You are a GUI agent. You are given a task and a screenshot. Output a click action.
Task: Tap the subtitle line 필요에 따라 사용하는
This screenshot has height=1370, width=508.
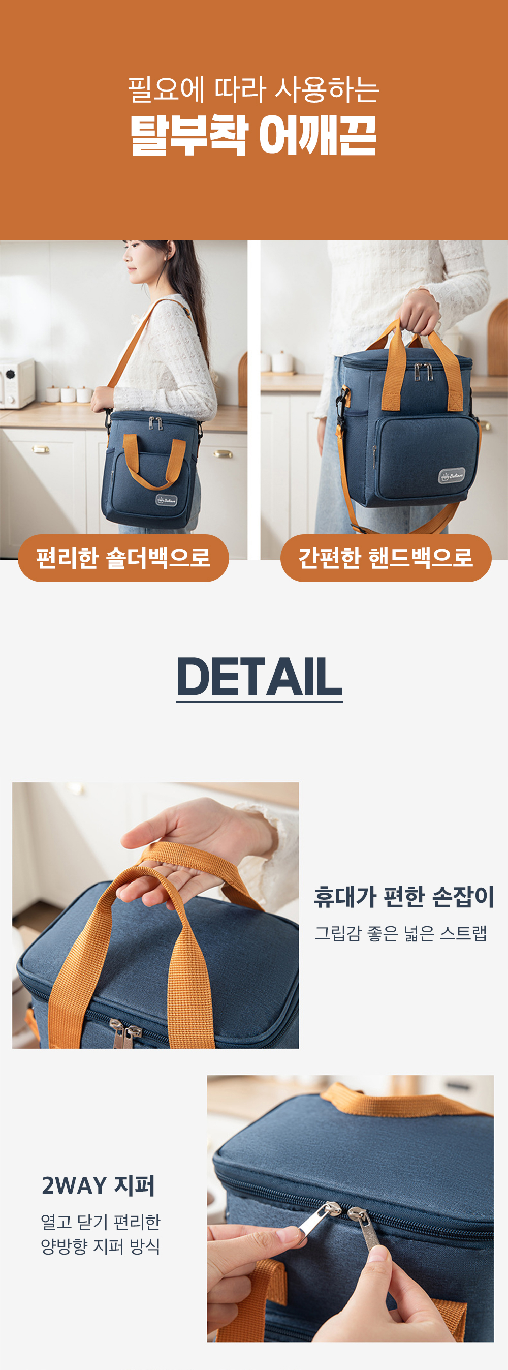253,89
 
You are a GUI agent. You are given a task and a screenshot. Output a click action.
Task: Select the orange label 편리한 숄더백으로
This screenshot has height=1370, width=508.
123,558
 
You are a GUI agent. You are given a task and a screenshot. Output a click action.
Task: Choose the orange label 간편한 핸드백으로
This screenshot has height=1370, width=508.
386,558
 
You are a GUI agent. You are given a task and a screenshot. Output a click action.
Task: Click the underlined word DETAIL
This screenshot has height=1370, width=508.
259,677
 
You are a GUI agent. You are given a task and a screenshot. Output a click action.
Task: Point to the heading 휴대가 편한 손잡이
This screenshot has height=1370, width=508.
404,897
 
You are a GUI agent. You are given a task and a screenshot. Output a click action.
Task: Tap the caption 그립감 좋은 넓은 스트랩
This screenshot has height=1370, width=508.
401,933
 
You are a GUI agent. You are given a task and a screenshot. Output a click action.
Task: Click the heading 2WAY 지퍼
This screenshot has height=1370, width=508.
99,1185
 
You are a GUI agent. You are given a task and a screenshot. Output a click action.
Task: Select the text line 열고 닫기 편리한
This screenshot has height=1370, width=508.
101,1222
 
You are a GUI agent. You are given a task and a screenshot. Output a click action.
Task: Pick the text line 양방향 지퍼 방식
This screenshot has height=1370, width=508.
101,1245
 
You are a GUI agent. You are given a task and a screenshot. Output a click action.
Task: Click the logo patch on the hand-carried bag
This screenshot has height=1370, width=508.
451,476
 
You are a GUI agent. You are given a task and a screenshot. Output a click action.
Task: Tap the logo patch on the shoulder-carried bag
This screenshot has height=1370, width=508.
166,500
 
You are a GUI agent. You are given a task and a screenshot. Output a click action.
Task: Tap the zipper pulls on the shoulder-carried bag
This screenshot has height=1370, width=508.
155,424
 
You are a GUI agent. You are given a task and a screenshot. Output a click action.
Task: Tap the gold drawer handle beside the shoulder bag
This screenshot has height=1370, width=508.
223,453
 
